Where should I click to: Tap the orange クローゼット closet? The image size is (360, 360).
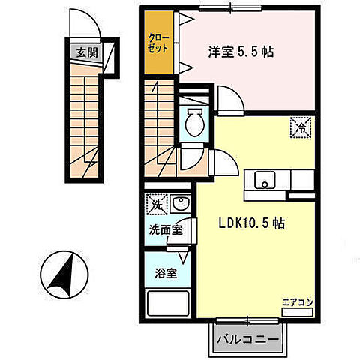click(x=158, y=43)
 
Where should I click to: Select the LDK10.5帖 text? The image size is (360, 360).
click(x=250, y=223)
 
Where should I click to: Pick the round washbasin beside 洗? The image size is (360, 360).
click(x=180, y=203)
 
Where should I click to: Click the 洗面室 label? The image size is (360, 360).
click(x=164, y=231)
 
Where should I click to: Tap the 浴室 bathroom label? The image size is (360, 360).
click(x=165, y=273)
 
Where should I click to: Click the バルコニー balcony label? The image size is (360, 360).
click(x=247, y=338)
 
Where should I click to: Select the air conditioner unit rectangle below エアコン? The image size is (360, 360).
click(x=295, y=310)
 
